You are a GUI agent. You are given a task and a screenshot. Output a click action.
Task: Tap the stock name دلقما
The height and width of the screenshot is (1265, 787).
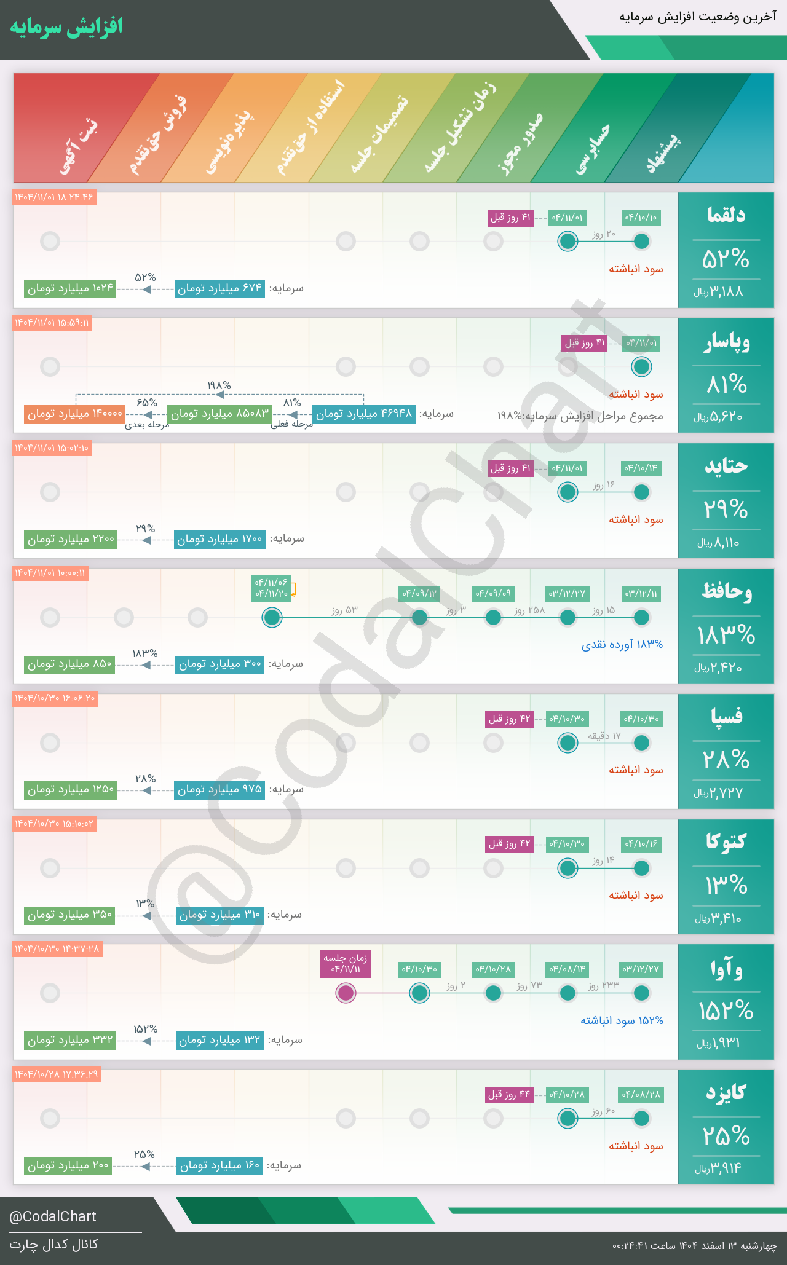point(726,215)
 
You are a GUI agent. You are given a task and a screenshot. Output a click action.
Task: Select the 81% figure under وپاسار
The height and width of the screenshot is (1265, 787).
point(726,385)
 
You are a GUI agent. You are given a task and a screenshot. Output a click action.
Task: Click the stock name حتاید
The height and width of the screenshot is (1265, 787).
point(726,466)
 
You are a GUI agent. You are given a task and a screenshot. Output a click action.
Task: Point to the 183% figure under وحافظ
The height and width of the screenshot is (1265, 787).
point(726,634)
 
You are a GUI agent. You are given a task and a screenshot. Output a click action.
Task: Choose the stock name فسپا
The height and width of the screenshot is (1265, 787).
point(726,717)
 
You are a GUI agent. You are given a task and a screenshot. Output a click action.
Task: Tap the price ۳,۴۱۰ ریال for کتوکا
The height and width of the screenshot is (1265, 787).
point(718,919)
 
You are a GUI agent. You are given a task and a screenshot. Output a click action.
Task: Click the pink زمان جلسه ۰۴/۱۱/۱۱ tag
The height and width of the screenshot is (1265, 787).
point(346,964)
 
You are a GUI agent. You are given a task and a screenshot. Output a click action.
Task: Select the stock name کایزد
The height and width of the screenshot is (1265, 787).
point(726,1092)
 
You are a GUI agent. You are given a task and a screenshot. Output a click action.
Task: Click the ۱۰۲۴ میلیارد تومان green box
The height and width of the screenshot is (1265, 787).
point(70,288)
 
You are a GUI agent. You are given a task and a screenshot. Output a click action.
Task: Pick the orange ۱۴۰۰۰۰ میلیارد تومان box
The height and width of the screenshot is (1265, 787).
point(75,414)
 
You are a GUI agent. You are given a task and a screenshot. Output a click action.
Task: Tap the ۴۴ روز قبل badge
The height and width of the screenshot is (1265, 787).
point(509,1095)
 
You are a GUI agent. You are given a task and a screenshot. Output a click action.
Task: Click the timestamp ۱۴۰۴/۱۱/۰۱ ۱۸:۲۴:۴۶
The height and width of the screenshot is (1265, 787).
point(54,197)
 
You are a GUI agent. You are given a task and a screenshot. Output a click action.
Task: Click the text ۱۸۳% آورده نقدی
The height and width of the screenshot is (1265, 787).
point(622,645)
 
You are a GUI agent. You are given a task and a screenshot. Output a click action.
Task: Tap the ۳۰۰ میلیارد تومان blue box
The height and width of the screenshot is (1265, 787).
point(219,664)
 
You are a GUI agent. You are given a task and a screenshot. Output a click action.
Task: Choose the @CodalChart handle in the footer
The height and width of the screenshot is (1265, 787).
point(53,1216)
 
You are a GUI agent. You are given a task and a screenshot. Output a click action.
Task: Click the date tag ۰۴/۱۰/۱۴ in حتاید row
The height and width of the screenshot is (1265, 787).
point(641,468)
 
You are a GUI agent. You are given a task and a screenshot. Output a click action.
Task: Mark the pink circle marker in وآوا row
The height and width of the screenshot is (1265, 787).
point(346,993)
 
